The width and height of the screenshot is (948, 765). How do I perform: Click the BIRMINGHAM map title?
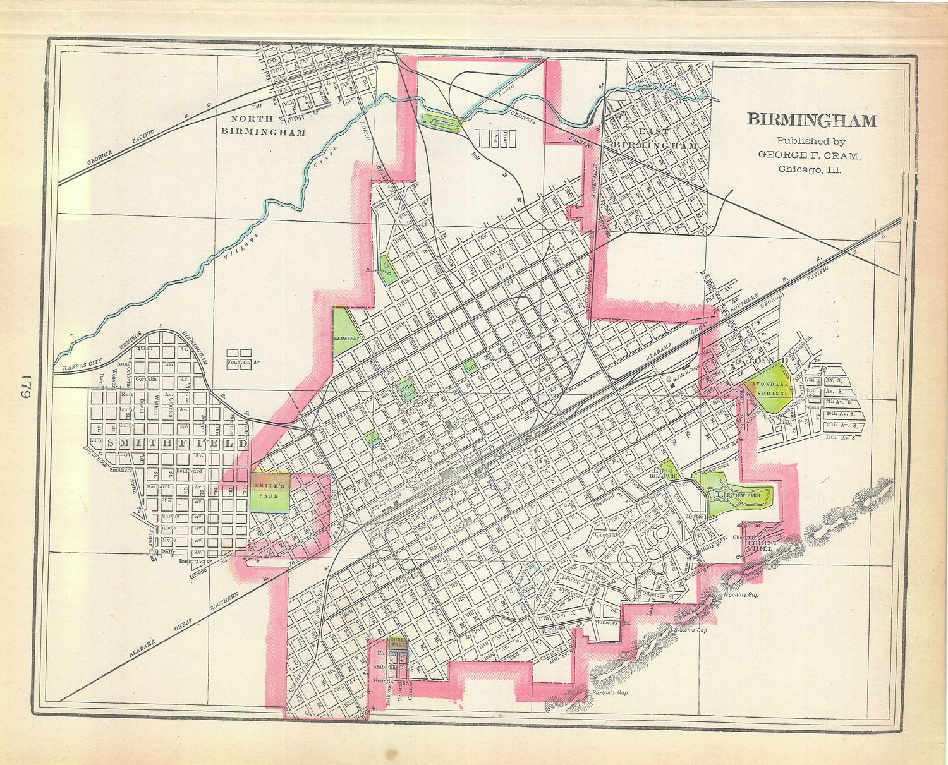click(812, 120)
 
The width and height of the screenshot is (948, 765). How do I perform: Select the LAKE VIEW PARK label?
click(736, 497)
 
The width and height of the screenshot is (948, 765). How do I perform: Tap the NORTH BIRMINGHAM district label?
click(262, 125)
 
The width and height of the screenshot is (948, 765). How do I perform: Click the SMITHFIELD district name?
click(177, 443)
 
